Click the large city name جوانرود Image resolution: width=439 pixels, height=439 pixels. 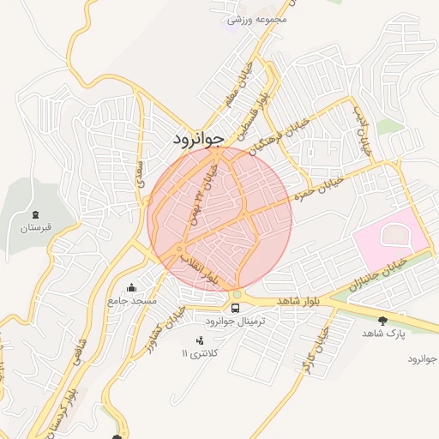(x=198, y=137)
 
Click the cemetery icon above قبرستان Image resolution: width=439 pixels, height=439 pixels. (x=35, y=214)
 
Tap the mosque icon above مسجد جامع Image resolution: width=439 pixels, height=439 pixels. (x=131, y=287)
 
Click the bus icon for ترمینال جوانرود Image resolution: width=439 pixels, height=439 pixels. (x=235, y=307)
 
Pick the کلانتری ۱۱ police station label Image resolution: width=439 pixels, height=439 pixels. (x=200, y=353)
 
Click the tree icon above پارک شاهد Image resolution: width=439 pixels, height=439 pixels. (x=382, y=320)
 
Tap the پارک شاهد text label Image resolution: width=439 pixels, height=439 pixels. (x=382, y=333)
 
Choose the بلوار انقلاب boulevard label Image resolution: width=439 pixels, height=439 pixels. (x=206, y=272)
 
